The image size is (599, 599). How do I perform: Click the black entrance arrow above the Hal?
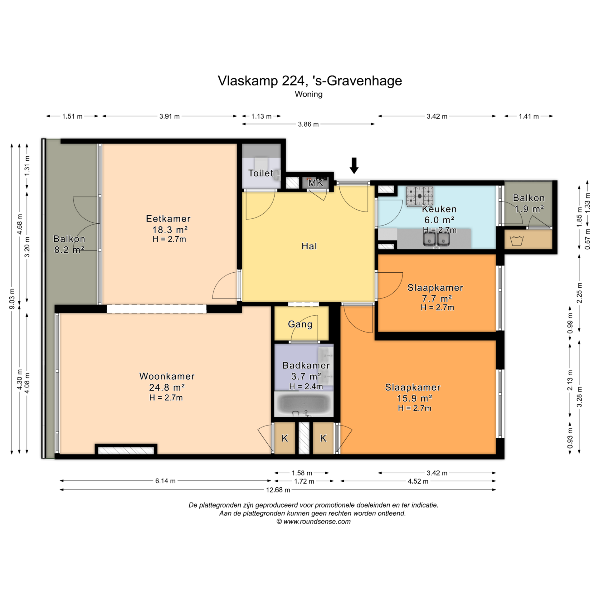(x=354, y=166)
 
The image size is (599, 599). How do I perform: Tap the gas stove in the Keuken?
(x=420, y=196)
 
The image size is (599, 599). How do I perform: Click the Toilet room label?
(x=261, y=173)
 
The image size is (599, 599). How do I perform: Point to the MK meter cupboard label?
(x=316, y=183)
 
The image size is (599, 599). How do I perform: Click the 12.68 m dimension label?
(x=278, y=490)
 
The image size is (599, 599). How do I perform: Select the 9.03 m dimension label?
(x=12, y=299)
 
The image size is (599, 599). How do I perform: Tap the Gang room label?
(x=300, y=324)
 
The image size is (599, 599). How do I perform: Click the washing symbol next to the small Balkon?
(x=516, y=241)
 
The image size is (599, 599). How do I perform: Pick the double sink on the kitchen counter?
(x=436, y=240)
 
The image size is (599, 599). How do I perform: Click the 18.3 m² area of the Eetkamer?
(x=170, y=230)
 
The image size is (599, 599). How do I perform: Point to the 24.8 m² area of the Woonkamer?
(x=167, y=387)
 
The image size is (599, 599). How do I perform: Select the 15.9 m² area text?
(x=414, y=398)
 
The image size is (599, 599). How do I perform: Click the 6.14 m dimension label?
(x=165, y=481)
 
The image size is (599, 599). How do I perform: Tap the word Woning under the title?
(x=309, y=94)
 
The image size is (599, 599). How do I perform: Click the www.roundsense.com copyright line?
(x=314, y=522)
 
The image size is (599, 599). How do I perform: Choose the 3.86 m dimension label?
(x=308, y=124)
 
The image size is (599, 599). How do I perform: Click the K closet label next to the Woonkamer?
(x=285, y=438)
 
